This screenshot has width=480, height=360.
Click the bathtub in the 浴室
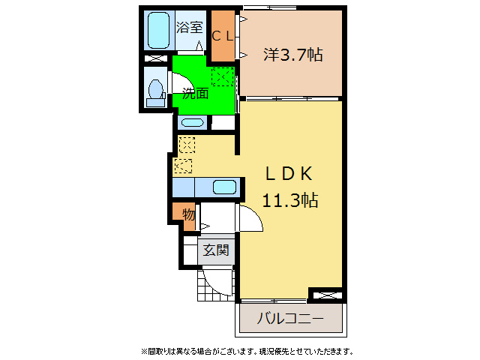pos(158,30)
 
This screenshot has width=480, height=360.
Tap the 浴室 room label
pos(189,27)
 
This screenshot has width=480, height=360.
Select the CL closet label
pos(223,37)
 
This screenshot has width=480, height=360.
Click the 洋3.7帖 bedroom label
pos(293,55)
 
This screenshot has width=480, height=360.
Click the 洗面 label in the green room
pos(195,93)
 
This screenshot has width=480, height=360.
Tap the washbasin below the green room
pos(192,123)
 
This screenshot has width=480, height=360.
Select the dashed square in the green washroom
pos(223,76)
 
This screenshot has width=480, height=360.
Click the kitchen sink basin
pos(224,187)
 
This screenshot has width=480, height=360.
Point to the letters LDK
pos(289,174)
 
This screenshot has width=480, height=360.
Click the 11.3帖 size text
pos(290,200)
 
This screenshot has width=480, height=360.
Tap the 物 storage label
pos(188,214)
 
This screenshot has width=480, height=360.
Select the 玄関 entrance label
pos(216,250)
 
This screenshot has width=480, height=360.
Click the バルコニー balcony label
pos(290,318)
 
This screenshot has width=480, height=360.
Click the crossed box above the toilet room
pos(156,58)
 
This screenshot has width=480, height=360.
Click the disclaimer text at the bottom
pos(247,351)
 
